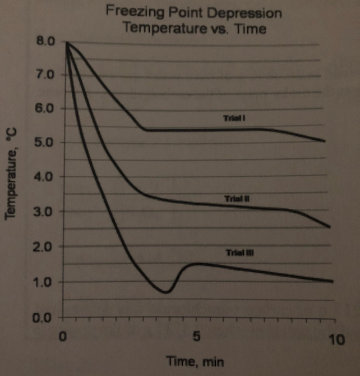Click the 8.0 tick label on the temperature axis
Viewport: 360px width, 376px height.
pos(45,42)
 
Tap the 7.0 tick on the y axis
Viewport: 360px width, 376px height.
pos(45,75)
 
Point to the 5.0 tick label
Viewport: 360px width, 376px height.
pos(45,142)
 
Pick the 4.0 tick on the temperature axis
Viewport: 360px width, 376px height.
pos(45,177)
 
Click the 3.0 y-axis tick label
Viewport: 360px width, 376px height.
pos(45,212)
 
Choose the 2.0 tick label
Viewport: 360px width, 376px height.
pos(45,247)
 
